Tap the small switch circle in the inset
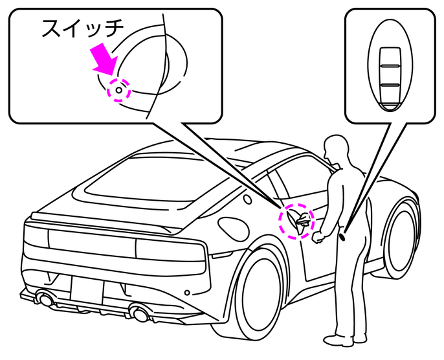tap(119, 91)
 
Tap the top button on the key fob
tap(389, 57)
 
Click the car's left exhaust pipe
tap(45, 299)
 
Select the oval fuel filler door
tap(232, 225)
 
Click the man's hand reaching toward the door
tap(316, 238)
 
